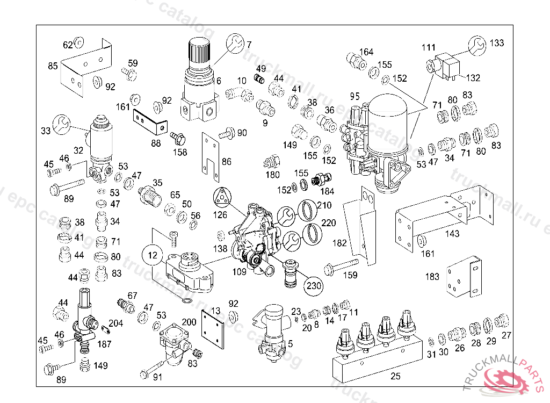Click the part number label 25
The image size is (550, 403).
pyautogui.click(x=395, y=376)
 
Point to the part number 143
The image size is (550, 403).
pyautogui.click(x=452, y=233)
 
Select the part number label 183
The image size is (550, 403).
pyautogui.click(x=432, y=277)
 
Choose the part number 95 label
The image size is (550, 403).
pyautogui.click(x=354, y=97)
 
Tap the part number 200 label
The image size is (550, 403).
pyautogui.click(x=189, y=322)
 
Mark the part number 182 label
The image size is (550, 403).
pyautogui.click(x=340, y=243)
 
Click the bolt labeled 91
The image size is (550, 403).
pyautogui.click(x=153, y=369)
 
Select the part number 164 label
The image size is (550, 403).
pyautogui.click(x=366, y=52)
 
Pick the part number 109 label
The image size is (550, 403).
pyautogui.click(x=239, y=272)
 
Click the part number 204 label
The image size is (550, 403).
pyautogui.click(x=115, y=323)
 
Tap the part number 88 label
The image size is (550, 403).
pyautogui.click(x=155, y=143)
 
